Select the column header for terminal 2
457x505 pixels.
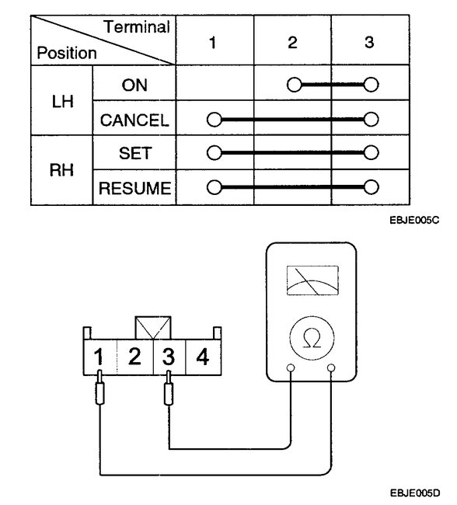click(292, 43)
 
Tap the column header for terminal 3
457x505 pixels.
click(370, 43)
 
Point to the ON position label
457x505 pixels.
click(134, 85)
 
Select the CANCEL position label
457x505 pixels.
click(134, 119)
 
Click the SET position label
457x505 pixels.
click(134, 153)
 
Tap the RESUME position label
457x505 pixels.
click(134, 187)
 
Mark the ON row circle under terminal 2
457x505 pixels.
click(293, 85)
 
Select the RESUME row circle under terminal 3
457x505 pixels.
click(371, 187)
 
